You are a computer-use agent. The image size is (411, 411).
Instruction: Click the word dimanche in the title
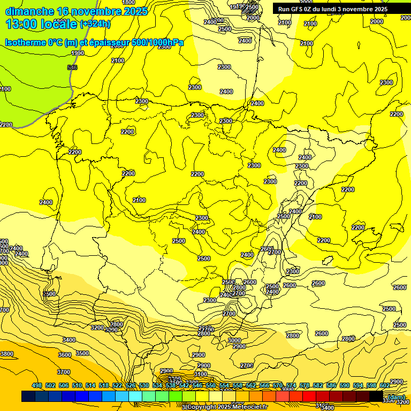pyautogui.click(x=29, y=11)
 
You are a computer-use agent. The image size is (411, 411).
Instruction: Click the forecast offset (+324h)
pyautogui.click(x=95, y=24)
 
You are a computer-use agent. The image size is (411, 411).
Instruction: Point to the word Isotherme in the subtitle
pyautogui.click(x=25, y=42)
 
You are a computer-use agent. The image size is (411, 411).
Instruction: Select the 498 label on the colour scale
pyautogui.click(x=37, y=386)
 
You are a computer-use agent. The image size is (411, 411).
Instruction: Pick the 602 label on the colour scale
pyautogui.click(x=384, y=386)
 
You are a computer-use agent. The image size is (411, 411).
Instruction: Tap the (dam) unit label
pyautogui.click(x=396, y=397)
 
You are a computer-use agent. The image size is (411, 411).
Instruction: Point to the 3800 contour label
pyautogui.click(x=6, y=354)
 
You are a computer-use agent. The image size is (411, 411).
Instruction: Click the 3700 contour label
pyautogui.click(x=63, y=372)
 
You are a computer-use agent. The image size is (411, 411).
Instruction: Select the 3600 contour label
pyautogui.click(x=64, y=355)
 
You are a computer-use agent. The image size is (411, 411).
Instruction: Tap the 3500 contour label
pyautogui.click(x=82, y=353)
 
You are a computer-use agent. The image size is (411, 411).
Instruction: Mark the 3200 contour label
pyautogui.click(x=97, y=328)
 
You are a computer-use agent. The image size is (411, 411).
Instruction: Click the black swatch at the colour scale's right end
pyautogui.click(x=376, y=397)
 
